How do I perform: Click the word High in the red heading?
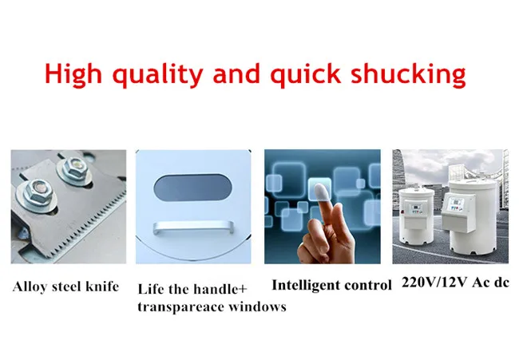[x=73, y=74]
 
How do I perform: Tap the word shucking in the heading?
[x=409, y=74]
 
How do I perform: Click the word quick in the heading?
[x=306, y=74]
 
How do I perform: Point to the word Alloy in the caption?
[x=29, y=287]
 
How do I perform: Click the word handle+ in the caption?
[x=220, y=289]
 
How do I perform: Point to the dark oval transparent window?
[x=192, y=188]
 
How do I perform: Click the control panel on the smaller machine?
[x=415, y=209]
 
